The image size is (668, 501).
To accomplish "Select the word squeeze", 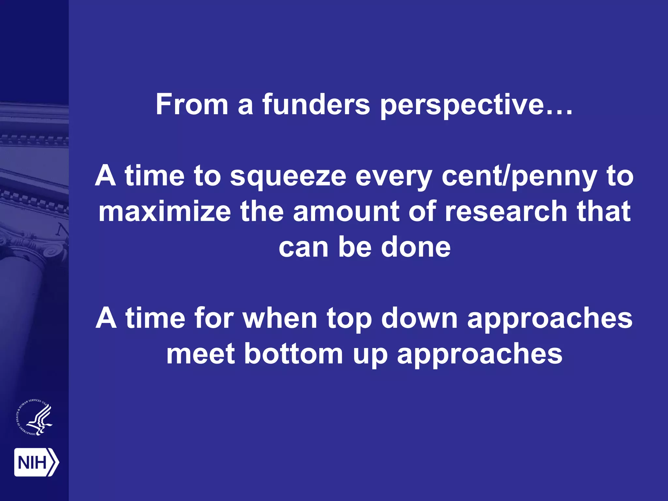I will coord(288,176).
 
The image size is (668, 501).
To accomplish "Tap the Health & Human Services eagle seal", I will coord(35,417).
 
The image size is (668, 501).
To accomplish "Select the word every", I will coord(394,176).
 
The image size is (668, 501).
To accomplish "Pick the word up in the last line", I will coord(370,355).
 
